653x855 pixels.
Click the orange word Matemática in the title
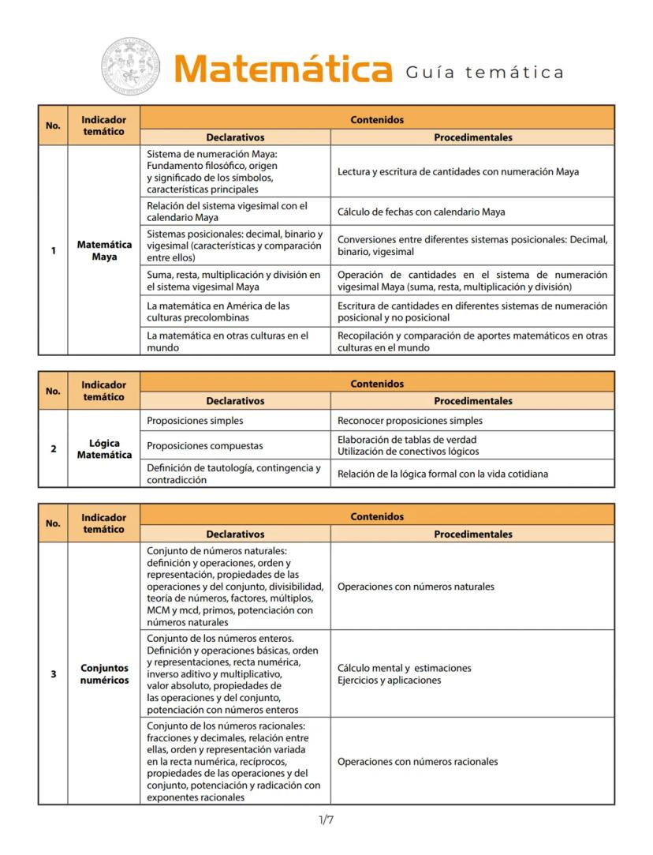(283, 69)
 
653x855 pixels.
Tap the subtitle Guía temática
(485, 73)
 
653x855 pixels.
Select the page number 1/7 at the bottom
(326, 820)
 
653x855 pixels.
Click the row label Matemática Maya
(104, 251)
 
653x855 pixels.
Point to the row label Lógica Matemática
(104, 448)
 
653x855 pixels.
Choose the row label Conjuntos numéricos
(104, 673)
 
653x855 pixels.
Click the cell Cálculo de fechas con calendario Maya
(421, 212)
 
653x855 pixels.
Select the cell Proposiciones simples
(195, 421)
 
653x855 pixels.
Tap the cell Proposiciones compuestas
(204, 446)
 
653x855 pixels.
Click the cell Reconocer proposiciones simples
(409, 421)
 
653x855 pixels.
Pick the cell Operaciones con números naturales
(416, 587)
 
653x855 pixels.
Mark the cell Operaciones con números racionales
(417, 762)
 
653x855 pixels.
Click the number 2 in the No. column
(53, 448)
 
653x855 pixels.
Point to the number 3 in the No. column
(53, 673)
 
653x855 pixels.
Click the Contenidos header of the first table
(377, 120)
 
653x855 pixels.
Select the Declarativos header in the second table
(235, 401)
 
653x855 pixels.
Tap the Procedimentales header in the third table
(472, 534)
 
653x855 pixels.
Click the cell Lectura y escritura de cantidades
(463, 171)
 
